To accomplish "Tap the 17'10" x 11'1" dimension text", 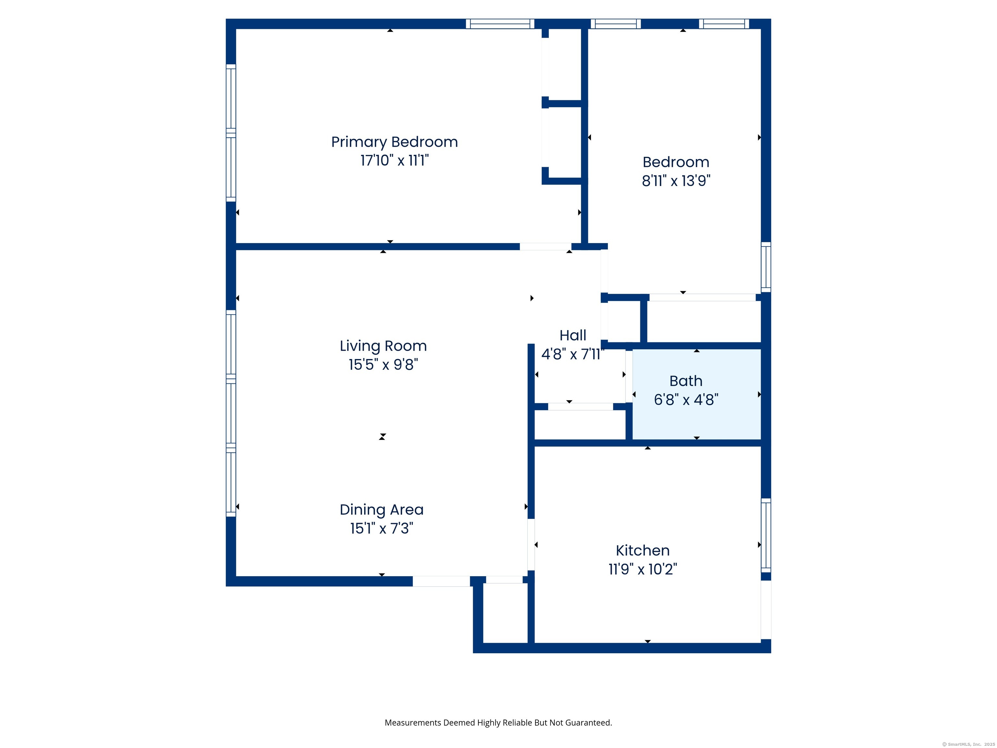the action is (x=394, y=160).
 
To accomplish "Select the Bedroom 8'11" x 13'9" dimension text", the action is (x=676, y=181).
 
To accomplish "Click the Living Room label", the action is (x=383, y=346).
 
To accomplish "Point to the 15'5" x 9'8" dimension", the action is (x=383, y=364).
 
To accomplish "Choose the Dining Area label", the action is (x=382, y=510).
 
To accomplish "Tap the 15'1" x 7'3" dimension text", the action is (x=382, y=528).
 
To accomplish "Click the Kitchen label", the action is (x=643, y=551).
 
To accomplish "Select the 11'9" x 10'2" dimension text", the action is (x=643, y=569).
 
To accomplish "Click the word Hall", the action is (x=573, y=335).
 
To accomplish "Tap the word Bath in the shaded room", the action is (x=686, y=381).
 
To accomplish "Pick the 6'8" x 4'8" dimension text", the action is (x=686, y=399).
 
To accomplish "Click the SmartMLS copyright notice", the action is (x=969, y=744).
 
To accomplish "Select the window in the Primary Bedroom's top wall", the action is (x=500, y=24).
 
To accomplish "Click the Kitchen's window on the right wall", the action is (x=766, y=535).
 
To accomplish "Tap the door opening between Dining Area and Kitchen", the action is (x=531, y=545).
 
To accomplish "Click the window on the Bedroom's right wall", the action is (x=766, y=267).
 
